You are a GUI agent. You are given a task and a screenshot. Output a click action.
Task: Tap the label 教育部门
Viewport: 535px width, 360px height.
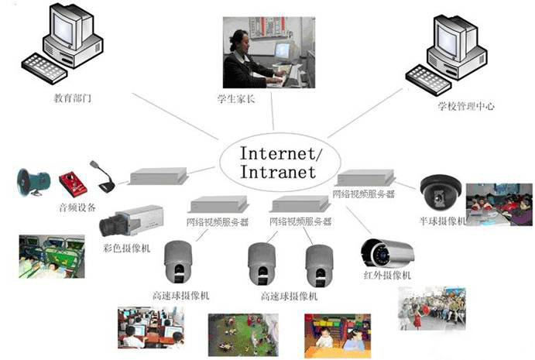[72, 100]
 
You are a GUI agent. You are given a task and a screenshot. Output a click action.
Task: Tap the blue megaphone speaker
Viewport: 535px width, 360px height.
[33, 181]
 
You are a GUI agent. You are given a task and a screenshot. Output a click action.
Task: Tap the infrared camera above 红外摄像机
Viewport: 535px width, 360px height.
[387, 252]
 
